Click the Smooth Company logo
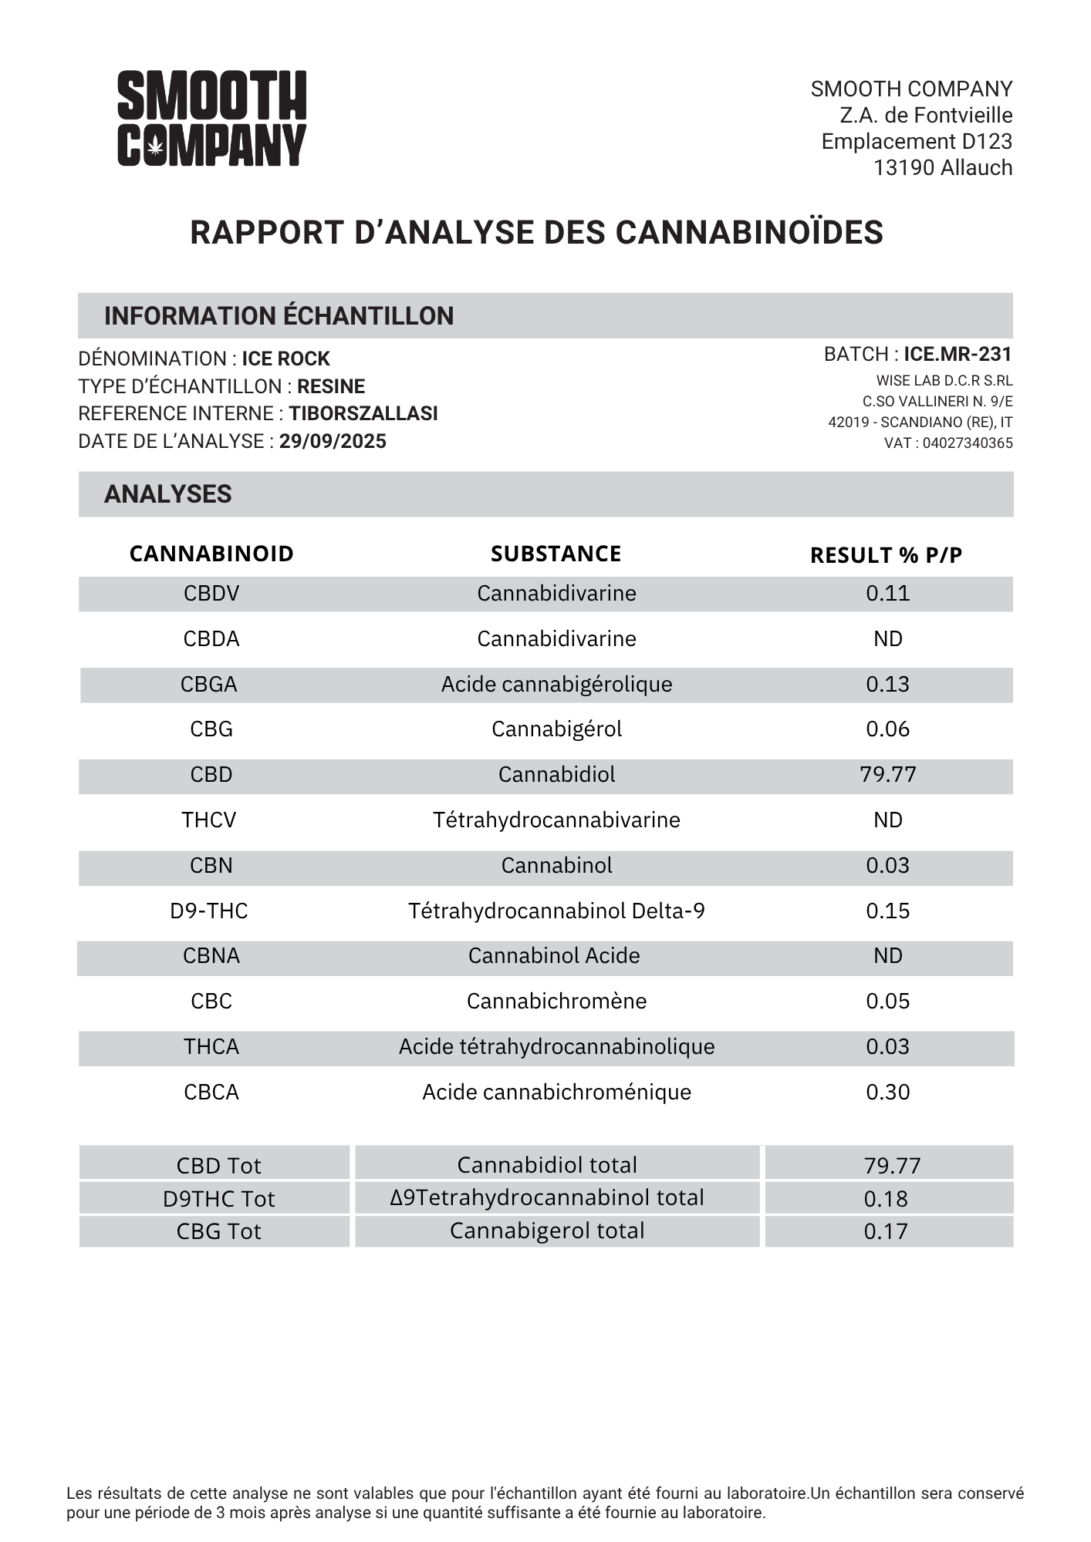pyautogui.click(x=211, y=118)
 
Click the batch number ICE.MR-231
pyautogui.click(x=957, y=354)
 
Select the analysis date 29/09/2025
pyautogui.click(x=333, y=441)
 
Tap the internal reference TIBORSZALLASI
pyautogui.click(x=363, y=413)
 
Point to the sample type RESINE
pyautogui.click(x=331, y=386)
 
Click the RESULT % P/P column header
pyautogui.click(x=886, y=555)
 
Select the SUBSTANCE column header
pyautogui.click(x=556, y=554)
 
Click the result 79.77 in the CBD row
pyautogui.click(x=888, y=774)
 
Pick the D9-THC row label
pyautogui.click(x=209, y=911)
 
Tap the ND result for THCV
pyautogui.click(x=888, y=820)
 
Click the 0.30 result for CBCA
pyautogui.click(x=888, y=1092)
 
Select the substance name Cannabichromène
pyautogui.click(x=556, y=1001)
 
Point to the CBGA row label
pyautogui.click(x=209, y=684)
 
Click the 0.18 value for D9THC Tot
pyautogui.click(x=886, y=1199)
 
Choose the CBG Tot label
pyautogui.click(x=218, y=1231)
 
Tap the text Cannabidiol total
pyautogui.click(x=547, y=1165)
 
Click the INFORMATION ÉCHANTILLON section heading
pyautogui.click(x=279, y=316)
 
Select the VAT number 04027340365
pyautogui.click(x=968, y=443)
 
